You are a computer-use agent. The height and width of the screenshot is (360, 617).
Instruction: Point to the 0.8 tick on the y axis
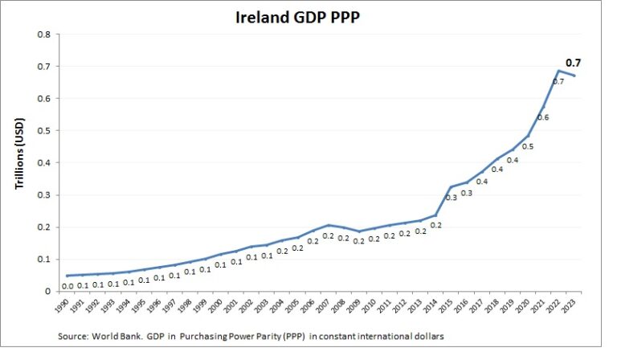44,35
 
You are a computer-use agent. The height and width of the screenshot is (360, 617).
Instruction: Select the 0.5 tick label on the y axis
44,131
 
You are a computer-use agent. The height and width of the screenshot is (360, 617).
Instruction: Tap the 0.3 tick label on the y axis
44,195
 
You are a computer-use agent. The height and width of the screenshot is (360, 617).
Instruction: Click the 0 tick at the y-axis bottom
48,292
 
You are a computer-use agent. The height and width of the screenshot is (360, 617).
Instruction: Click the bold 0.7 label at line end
574,63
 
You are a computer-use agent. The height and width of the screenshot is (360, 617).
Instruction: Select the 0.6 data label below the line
543,117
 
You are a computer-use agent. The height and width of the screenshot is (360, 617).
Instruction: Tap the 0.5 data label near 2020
527,147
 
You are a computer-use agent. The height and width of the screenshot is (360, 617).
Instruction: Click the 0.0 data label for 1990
67,286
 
